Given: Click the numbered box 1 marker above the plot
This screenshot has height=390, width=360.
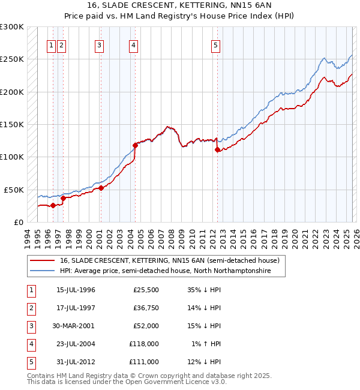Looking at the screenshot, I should (52, 44).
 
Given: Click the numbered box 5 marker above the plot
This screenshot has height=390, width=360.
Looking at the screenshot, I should (215, 44).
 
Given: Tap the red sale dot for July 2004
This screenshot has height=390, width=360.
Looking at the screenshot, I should (135, 145).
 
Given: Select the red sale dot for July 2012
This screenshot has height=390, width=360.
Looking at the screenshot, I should (217, 150).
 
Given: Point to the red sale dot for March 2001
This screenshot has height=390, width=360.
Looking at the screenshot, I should (101, 188).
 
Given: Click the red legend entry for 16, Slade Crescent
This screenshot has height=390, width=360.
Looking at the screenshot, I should (169, 261).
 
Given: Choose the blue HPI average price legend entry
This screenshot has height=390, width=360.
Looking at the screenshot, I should (165, 271).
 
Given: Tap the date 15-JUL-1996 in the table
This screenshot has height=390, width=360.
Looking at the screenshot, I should (76, 290).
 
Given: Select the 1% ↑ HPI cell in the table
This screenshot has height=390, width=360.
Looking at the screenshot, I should (206, 344).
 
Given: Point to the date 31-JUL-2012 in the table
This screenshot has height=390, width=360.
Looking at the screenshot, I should (76, 362).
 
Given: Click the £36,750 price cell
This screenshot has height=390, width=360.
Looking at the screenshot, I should (146, 308).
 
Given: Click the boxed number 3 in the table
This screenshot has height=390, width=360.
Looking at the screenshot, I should (30, 326).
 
